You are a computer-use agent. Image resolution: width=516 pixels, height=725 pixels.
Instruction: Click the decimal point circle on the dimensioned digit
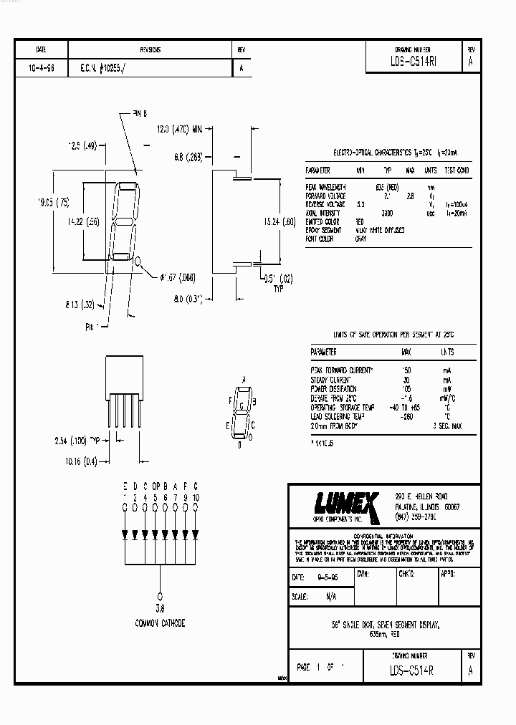[138, 262]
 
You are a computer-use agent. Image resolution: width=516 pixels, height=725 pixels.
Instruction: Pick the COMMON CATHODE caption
[160, 623]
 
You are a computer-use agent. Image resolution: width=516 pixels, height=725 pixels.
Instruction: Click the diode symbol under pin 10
[196, 534]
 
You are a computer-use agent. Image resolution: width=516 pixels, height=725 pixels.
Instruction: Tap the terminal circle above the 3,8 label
[160, 595]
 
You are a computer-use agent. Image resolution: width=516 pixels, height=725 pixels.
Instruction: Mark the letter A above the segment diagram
[244, 379]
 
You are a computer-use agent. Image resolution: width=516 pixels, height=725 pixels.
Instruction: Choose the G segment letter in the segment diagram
[243, 405]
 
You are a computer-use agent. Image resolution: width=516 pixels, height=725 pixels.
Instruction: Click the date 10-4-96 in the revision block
[41, 69]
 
